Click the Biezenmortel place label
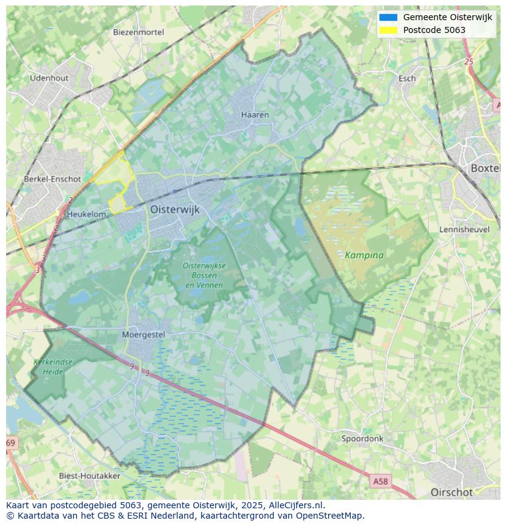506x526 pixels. coord(138,32)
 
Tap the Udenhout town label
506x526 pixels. coord(49,78)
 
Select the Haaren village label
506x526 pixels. coord(255,114)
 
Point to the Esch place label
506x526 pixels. coord(407,78)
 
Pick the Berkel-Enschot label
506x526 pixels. coord(52,179)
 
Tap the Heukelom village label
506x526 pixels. coord(86,214)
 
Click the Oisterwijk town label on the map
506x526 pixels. coord(175,209)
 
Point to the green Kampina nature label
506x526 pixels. coord(364,255)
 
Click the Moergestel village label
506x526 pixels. coord(144,334)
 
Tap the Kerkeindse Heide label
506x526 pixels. coord(53,367)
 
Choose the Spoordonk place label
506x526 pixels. coord(362,439)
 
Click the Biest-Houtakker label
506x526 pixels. coord(89,475)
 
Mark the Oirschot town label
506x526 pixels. coord(452,492)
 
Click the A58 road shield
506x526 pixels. coord(380,481)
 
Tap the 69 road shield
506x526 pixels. coord(11,442)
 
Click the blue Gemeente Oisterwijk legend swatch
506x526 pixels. coord(388,17)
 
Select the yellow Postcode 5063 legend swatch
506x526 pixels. coord(388,30)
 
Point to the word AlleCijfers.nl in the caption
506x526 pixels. coord(296,505)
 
